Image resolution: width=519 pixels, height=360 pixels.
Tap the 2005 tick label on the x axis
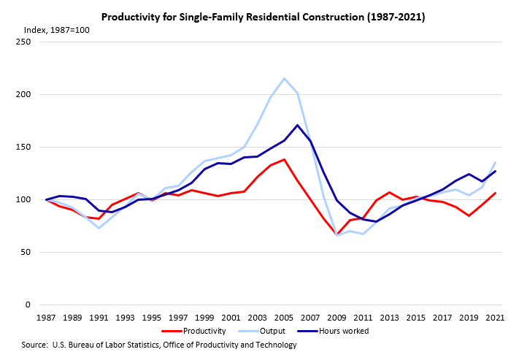click(284, 318)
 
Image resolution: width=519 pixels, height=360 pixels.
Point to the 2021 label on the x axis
click(493, 318)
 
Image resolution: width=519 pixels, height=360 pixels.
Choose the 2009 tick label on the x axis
click(337, 318)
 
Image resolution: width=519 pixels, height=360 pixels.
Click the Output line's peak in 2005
click(284, 78)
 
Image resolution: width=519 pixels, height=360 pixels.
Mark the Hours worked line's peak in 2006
click(297, 125)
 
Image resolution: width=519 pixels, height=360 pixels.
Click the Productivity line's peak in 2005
click(284, 159)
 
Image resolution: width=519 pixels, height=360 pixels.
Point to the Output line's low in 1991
click(99, 228)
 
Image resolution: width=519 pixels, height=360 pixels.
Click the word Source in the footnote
click(35, 345)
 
